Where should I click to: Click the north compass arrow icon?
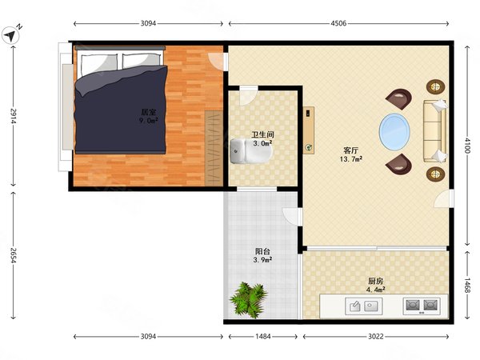coord(10,35)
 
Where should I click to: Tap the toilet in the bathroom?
coord(251,151)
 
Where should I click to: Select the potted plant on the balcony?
coord(248,300)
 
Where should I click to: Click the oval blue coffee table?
coord(394,132)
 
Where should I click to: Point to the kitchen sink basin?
coord(364,306)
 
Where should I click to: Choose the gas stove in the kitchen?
coord(422,306)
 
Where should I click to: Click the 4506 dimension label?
coord(338,23)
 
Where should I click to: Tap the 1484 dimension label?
coord(263,337)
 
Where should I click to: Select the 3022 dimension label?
coord(376,337)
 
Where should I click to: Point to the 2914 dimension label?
coord(13,116)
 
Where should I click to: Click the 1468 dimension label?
coord(467,286)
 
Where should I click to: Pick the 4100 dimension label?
coord(467,146)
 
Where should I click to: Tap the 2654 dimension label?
coord(13,255)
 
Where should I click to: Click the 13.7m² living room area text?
coord(351,159)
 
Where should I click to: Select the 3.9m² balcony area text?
coord(262,260)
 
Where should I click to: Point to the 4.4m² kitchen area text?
coord(376,290)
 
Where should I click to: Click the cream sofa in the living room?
coord(434,130)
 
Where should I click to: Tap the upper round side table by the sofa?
coord(435,87)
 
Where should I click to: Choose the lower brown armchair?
coord(399,164)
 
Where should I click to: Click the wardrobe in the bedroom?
coord(214,148)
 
